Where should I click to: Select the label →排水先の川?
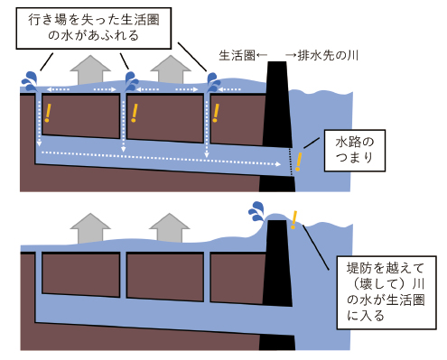tap(318, 56)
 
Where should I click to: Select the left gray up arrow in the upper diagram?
tap(88, 69)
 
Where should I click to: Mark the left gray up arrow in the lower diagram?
tap(88, 226)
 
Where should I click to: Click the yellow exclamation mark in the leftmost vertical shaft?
tap(49, 114)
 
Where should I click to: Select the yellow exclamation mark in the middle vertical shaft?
tap(135, 113)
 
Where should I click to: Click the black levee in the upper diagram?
tap(275, 126)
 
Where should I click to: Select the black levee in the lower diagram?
tap(275, 289)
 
